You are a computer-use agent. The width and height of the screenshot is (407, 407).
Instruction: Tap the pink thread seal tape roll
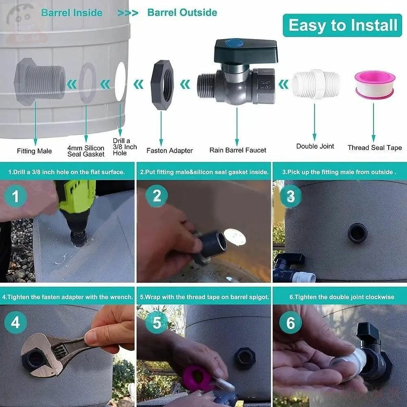point(375,85)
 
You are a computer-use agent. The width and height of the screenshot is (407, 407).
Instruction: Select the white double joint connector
point(316,85)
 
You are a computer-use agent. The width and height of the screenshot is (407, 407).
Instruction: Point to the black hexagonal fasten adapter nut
point(162,85)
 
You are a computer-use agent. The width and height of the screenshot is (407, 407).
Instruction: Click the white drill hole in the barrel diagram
point(120,82)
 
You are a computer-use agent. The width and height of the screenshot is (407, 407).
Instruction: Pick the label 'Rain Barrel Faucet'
point(238,150)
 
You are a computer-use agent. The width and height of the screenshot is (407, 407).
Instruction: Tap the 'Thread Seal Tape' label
point(374,148)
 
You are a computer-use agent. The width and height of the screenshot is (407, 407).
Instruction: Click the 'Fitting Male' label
point(34,151)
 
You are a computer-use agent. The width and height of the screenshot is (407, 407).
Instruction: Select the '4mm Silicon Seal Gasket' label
point(86,151)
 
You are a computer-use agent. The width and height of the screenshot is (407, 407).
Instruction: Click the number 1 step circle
point(15,196)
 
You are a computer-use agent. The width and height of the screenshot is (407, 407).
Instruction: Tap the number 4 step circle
point(15,322)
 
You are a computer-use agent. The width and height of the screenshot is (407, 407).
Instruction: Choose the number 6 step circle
point(290,323)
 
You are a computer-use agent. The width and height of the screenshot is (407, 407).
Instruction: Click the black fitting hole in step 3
point(358,233)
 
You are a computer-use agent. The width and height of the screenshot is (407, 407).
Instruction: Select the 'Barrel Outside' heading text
point(182,13)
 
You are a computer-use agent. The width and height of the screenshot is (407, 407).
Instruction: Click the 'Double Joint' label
point(315,146)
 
